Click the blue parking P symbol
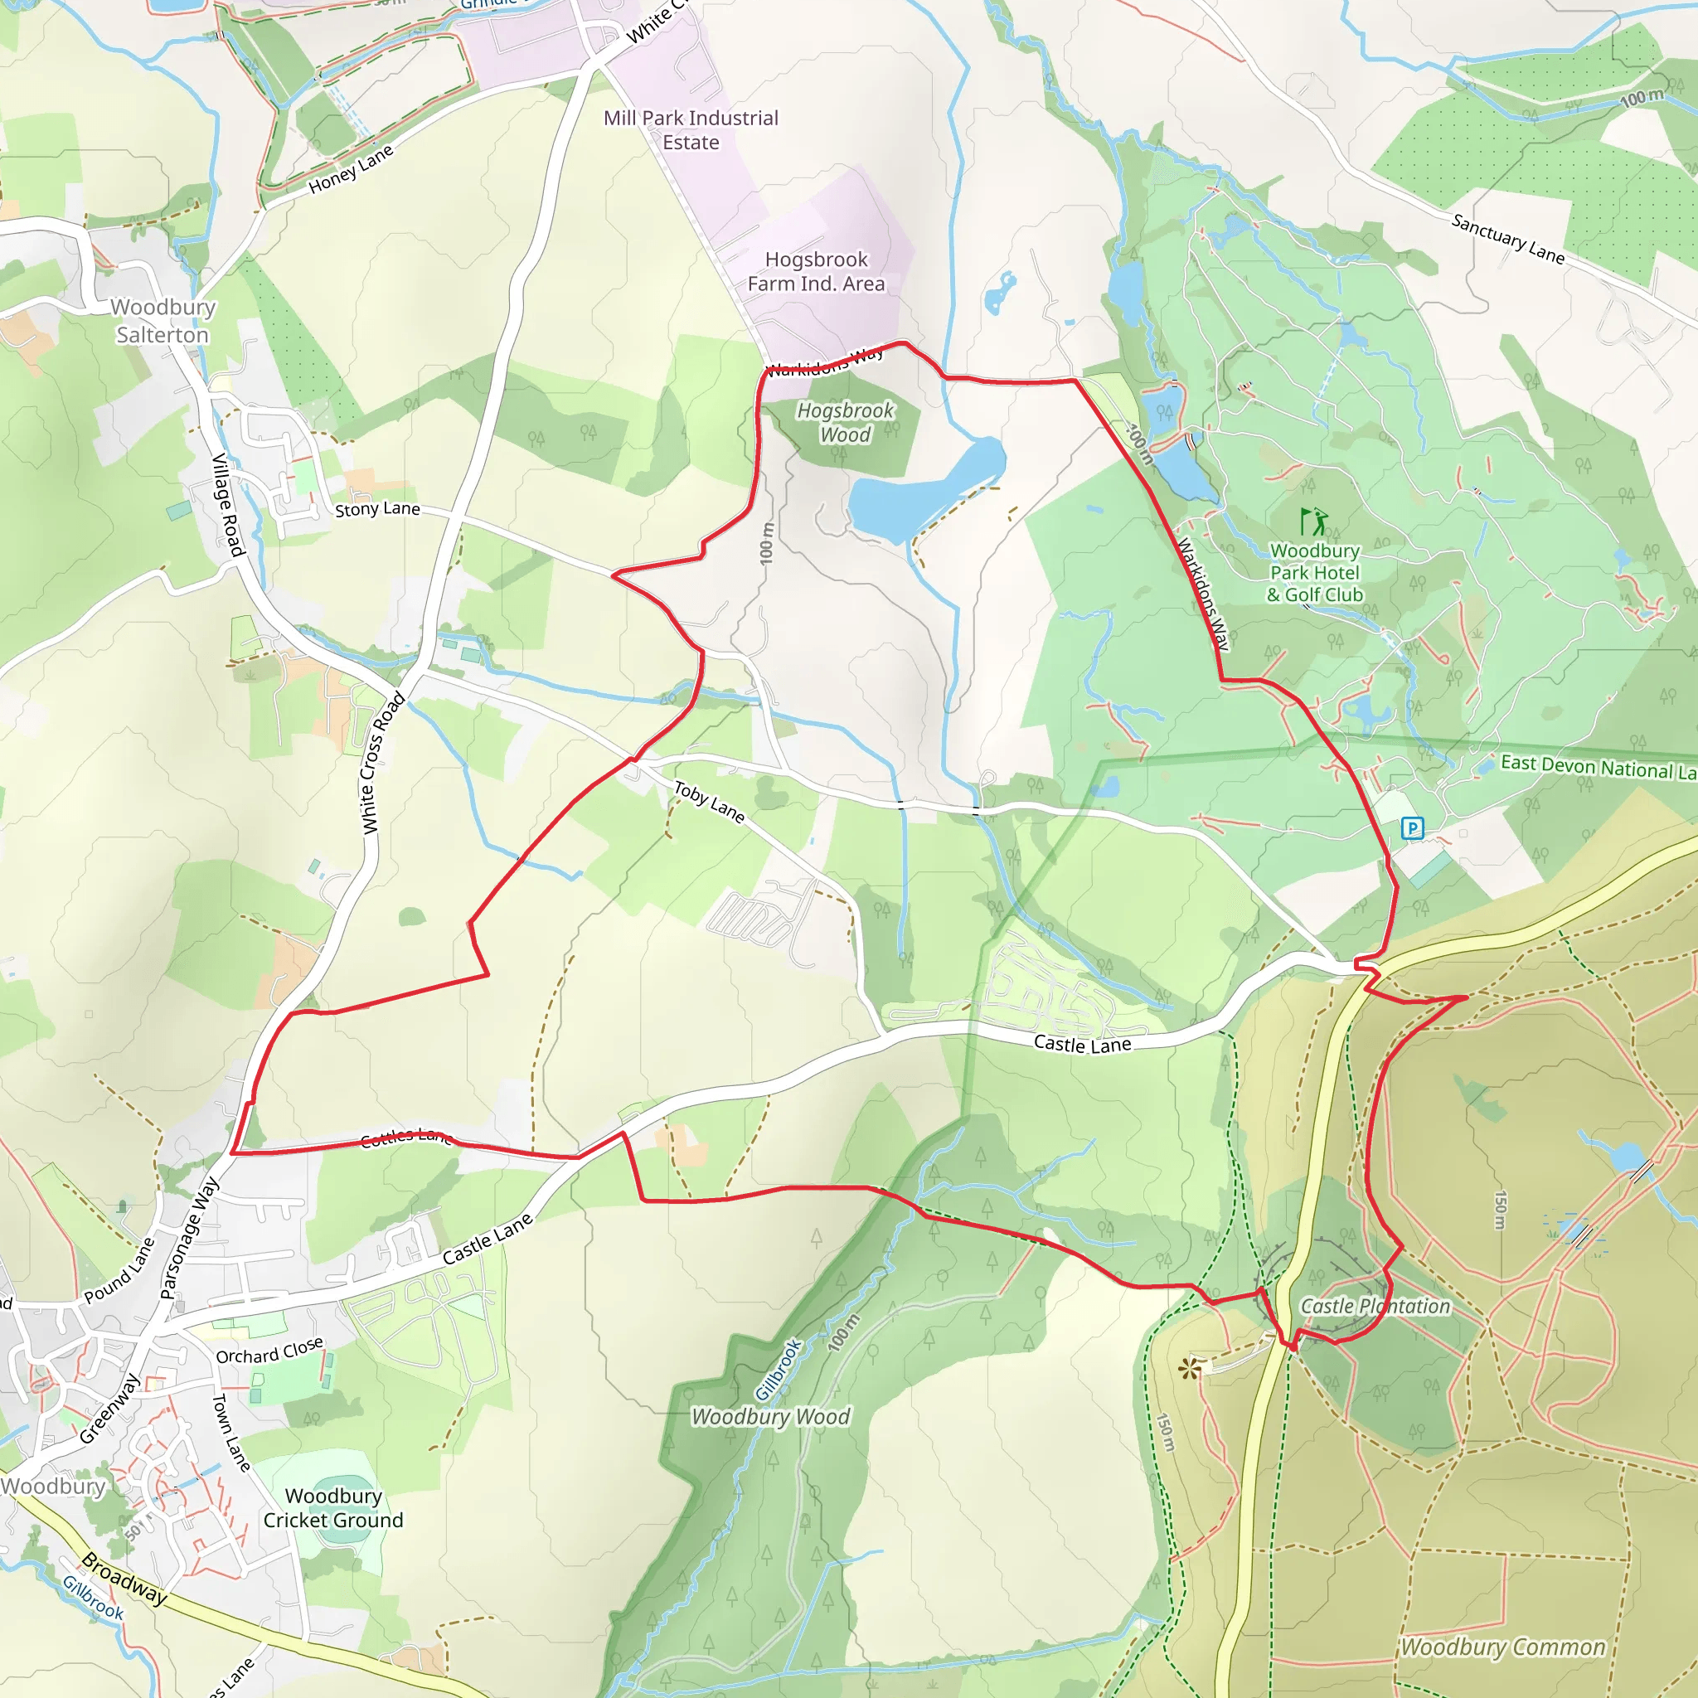click(1411, 828)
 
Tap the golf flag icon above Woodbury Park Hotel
click(1314, 522)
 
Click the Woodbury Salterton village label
click(163, 321)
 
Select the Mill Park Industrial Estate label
click(691, 130)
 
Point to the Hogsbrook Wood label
click(845, 423)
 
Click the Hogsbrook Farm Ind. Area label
click(816, 272)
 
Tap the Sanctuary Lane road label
click(1507, 239)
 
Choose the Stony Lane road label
click(377, 509)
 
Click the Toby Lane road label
click(709, 803)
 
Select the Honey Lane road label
click(351, 170)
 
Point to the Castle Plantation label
click(1375, 1306)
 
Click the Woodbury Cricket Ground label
click(333, 1508)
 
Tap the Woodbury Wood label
click(770, 1417)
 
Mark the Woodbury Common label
click(1502, 1647)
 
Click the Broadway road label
click(124, 1579)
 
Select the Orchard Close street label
click(269, 1351)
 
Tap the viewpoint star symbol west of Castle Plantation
click(1189, 1367)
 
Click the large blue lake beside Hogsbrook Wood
click(923, 492)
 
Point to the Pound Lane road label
click(119, 1271)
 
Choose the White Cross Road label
click(383, 763)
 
